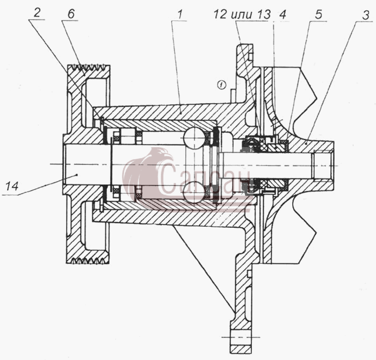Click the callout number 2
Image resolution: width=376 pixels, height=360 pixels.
pyautogui.click(x=37, y=13)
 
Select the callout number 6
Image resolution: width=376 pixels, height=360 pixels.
pyautogui.click(x=71, y=14)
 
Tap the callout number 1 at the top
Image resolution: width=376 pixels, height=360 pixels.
pyautogui.click(x=180, y=15)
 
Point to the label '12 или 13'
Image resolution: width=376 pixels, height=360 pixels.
pyautogui.click(x=242, y=15)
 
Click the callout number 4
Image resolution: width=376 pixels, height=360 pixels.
pyautogui.click(x=283, y=15)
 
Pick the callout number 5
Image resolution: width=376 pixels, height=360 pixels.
pyautogui.click(x=318, y=15)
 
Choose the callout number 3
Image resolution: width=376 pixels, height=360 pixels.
pyautogui.click(x=365, y=16)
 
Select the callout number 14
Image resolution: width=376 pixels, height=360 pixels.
pyautogui.click(x=12, y=186)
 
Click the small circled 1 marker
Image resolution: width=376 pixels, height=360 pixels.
pyautogui.click(x=221, y=84)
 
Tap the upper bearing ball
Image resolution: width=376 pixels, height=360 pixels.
pyautogui.click(x=194, y=138)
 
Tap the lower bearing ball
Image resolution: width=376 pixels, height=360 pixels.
pyautogui.click(x=194, y=192)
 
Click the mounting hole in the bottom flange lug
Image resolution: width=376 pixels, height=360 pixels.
pyautogui.click(x=241, y=337)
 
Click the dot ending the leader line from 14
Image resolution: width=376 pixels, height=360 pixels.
pyautogui.click(x=76, y=175)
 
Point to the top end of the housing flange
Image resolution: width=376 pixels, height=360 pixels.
pyautogui.click(x=245, y=45)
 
